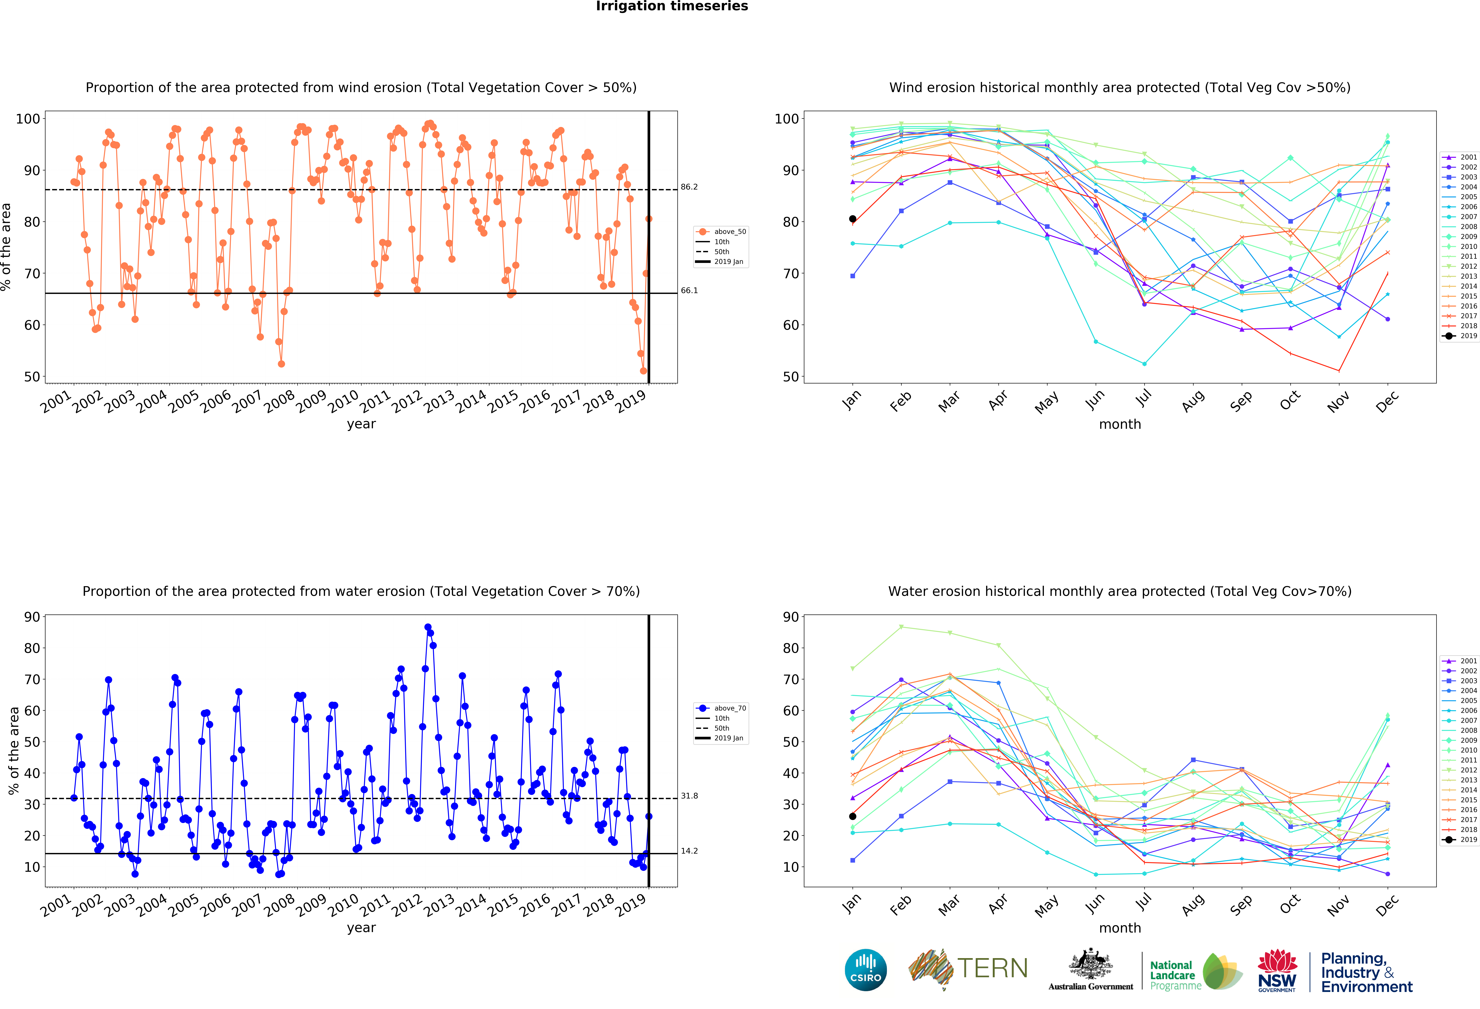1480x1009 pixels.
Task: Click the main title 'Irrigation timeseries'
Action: click(x=672, y=6)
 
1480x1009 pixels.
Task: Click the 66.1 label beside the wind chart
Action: click(x=689, y=290)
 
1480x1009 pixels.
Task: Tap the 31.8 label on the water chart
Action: click(x=689, y=796)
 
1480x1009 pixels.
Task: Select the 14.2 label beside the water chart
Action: click(x=689, y=851)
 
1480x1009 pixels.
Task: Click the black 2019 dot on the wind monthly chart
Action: click(x=853, y=219)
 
